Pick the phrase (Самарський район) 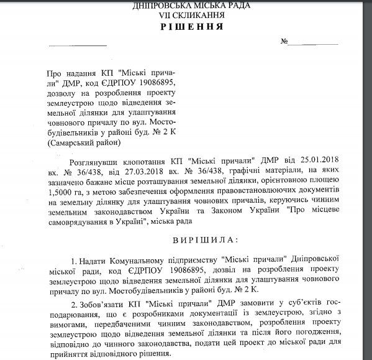click(x=85, y=142)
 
